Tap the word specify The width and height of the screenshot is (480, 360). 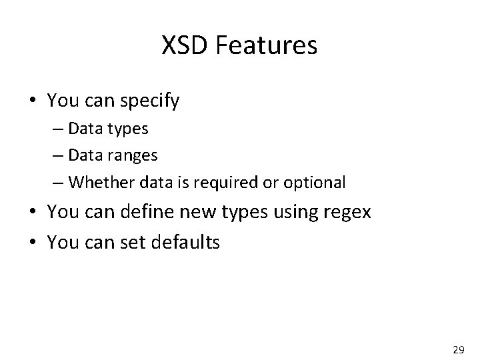coord(151,102)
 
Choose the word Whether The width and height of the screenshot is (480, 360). coord(93,181)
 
